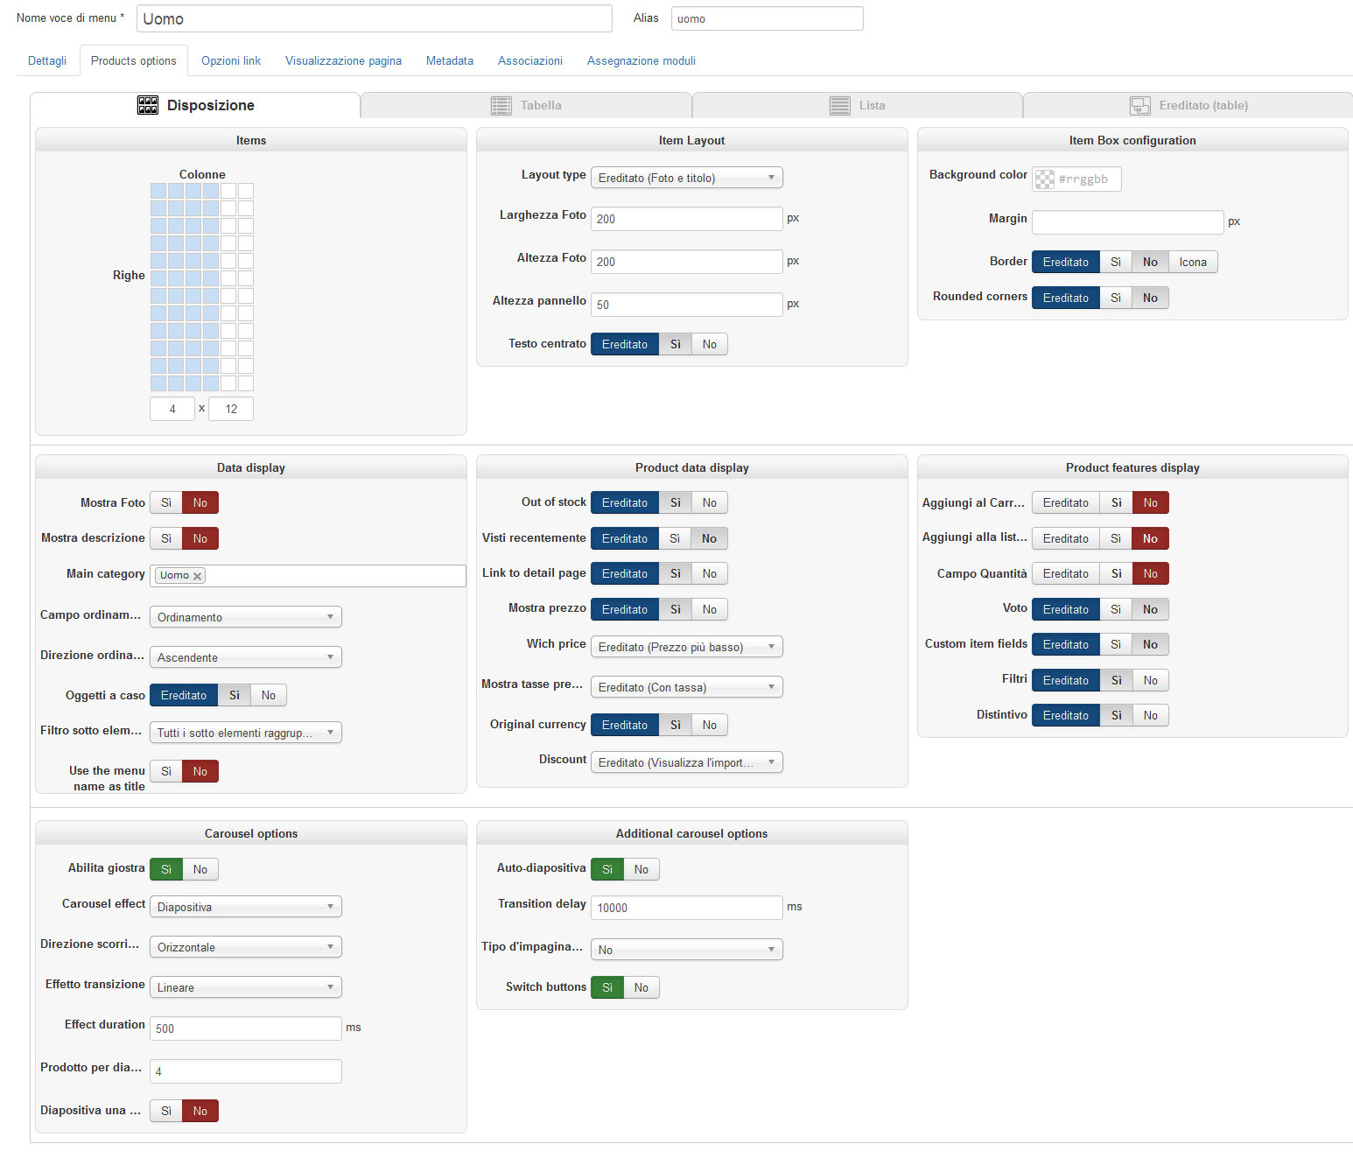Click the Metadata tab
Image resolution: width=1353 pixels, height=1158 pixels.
[449, 60]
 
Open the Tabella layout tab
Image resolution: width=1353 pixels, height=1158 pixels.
[526, 105]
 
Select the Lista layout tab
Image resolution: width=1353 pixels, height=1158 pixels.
[857, 105]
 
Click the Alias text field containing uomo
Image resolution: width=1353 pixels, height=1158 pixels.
[767, 18]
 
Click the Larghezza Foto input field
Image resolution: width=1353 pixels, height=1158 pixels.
[686, 219]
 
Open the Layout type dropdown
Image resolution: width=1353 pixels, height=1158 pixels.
[686, 178]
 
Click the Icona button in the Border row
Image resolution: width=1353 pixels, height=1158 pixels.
[1192, 262]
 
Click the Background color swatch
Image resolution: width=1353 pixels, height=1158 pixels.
[1045, 179]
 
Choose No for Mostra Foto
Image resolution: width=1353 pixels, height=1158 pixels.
[200, 502]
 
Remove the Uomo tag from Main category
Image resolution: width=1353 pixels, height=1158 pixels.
[198, 576]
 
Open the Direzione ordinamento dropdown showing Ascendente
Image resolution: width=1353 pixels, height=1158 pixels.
[245, 657]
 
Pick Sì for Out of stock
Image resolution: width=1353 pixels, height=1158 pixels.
[675, 502]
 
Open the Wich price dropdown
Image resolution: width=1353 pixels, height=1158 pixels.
[686, 647]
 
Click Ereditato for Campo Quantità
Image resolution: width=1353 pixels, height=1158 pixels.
[1065, 573]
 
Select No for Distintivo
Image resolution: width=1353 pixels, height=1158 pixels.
[1150, 715]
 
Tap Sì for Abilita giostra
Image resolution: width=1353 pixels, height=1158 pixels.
[166, 869]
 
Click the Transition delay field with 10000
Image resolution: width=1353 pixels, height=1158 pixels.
[686, 908]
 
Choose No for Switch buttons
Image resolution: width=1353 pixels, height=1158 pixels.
[641, 987]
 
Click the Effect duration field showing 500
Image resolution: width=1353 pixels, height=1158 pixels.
[245, 1028]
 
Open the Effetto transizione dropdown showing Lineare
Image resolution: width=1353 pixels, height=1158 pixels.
[245, 987]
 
